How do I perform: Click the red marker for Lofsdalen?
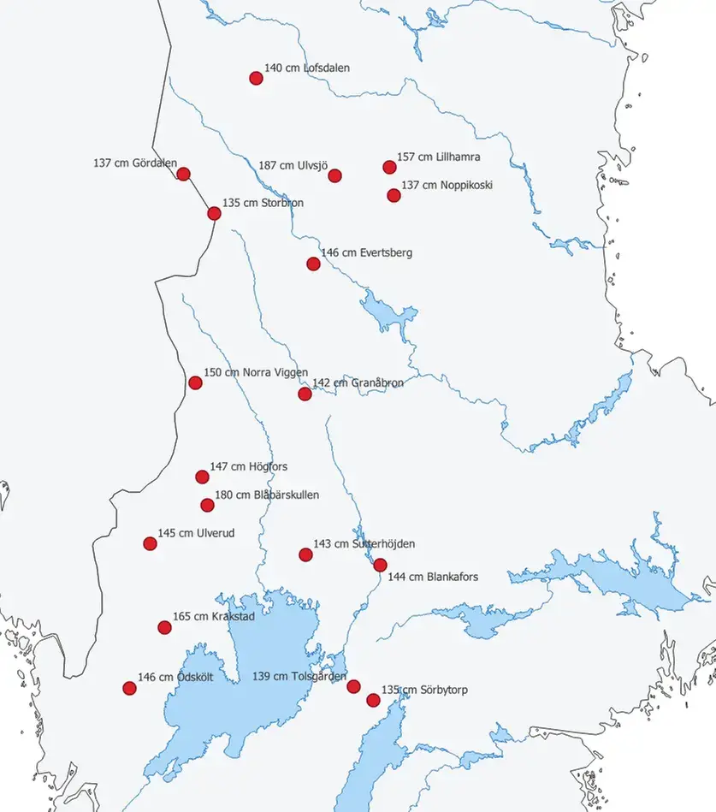[x=256, y=78]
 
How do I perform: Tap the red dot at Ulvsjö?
[x=335, y=175]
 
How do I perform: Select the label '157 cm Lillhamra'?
[x=438, y=157]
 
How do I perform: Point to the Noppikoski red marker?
[x=394, y=195]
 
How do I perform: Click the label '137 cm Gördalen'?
[x=135, y=163]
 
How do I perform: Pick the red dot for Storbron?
[x=214, y=213]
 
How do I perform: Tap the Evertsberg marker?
[x=313, y=264]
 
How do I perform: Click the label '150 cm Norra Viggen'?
[x=256, y=373]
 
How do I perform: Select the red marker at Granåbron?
[x=305, y=394]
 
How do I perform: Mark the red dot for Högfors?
[x=202, y=477]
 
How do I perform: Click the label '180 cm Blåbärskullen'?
[x=267, y=495]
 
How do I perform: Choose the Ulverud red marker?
[x=150, y=543]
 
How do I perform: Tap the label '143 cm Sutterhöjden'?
[x=364, y=544]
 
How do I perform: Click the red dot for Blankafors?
[x=381, y=565]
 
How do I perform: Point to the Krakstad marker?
[x=164, y=627]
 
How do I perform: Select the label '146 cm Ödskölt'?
[x=175, y=678]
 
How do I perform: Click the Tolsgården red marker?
[x=353, y=686]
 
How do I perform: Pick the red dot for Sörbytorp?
[x=373, y=700]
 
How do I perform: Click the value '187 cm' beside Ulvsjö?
[x=275, y=166]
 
